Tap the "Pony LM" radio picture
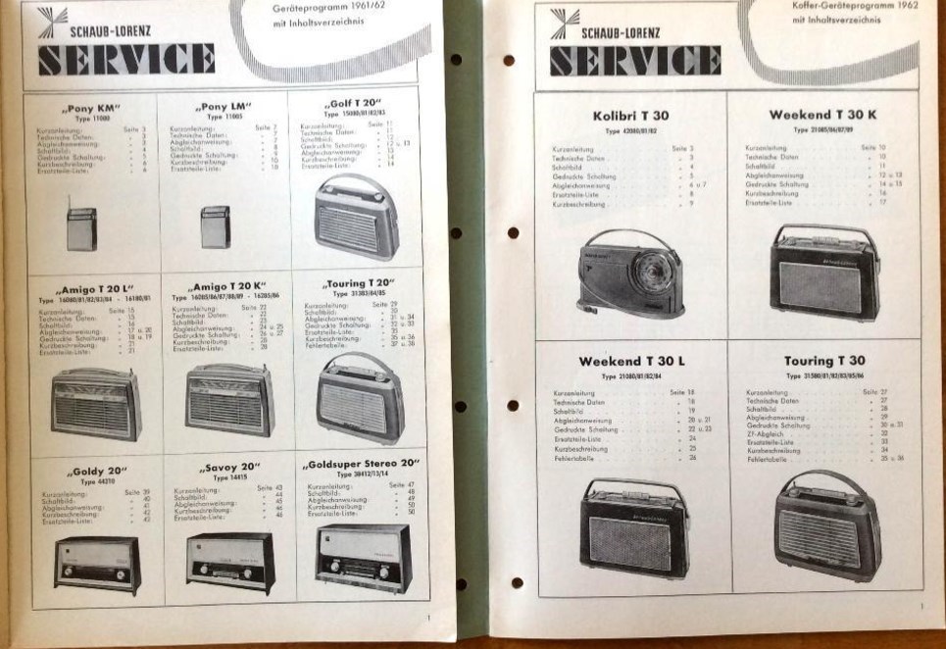214,226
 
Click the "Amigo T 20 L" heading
90,290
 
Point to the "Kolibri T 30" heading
631,116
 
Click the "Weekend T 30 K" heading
822,115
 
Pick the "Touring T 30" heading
824,361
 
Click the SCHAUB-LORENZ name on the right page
621,31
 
